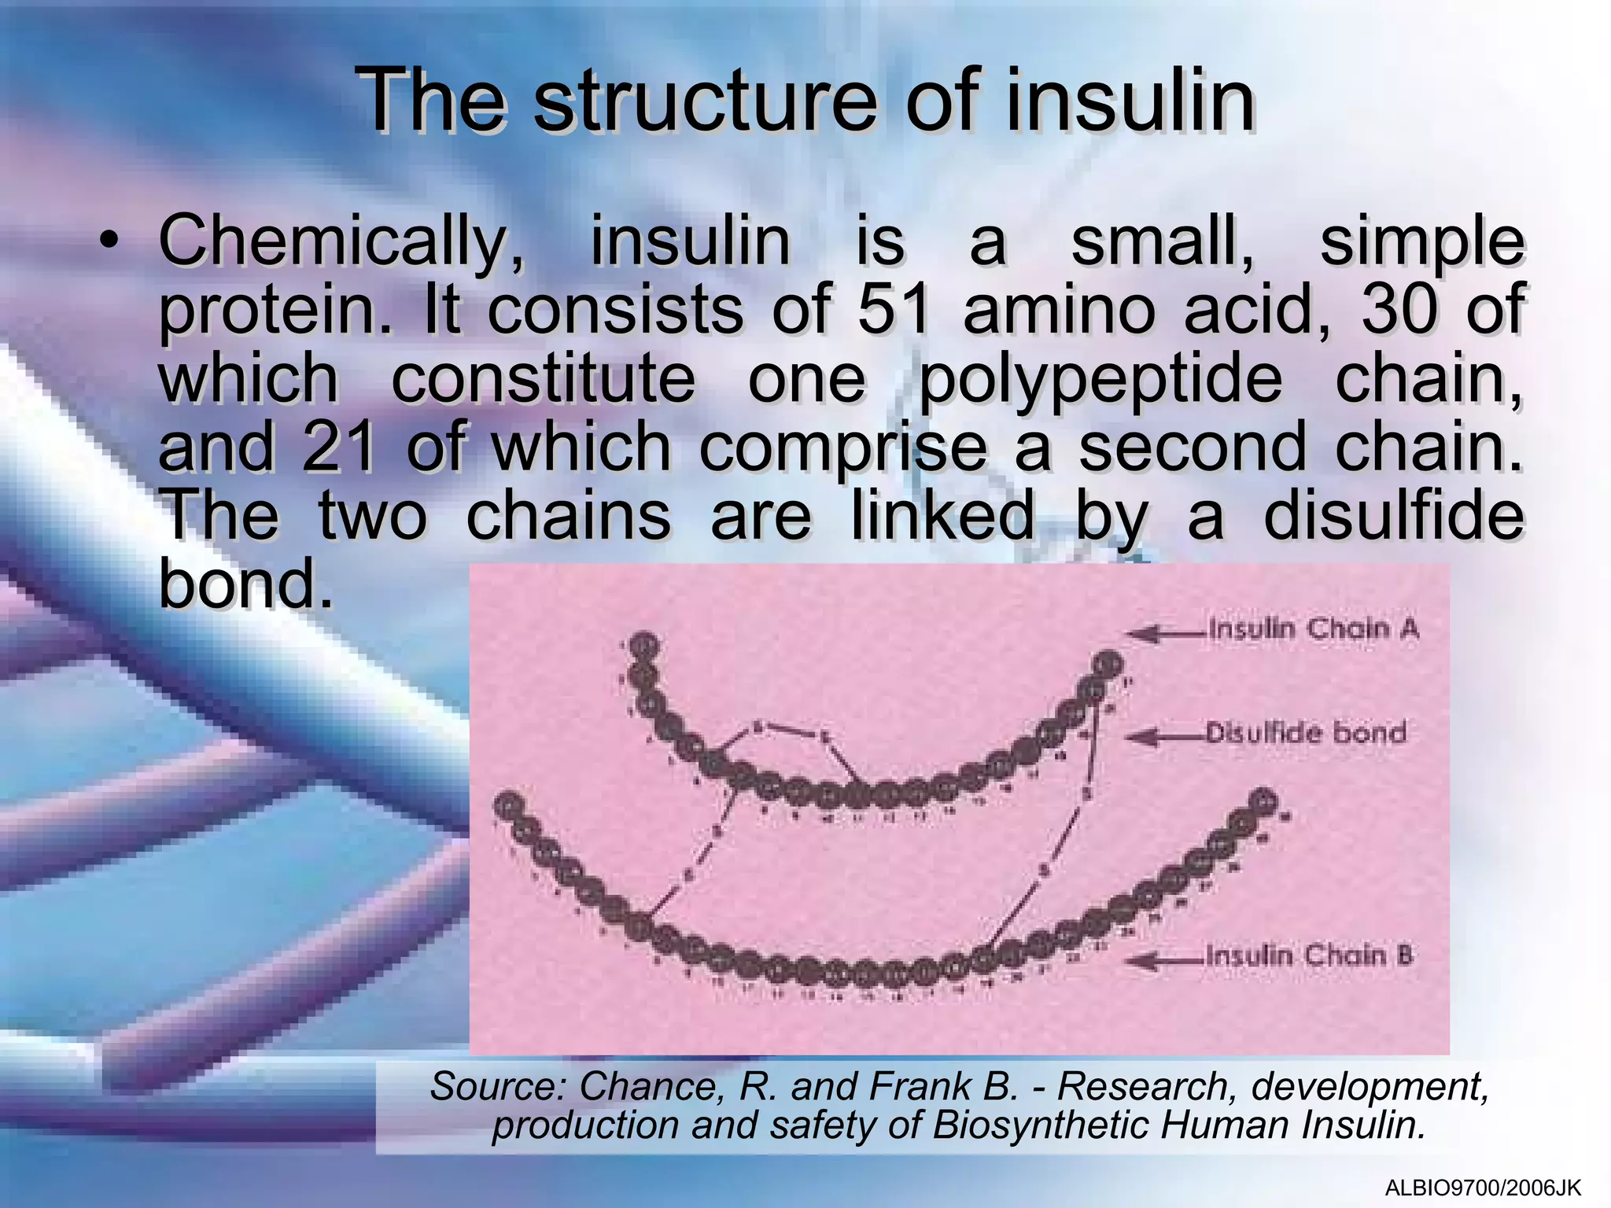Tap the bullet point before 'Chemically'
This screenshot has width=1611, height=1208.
pyautogui.click(x=112, y=241)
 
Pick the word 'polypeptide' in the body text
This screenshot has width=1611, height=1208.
pyautogui.click(x=1101, y=379)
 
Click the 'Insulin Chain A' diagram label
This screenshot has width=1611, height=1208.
pyautogui.click(x=1313, y=630)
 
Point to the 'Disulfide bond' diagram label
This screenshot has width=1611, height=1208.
pyautogui.click(x=1306, y=734)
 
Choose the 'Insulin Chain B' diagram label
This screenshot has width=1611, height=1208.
pyautogui.click(x=1309, y=956)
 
